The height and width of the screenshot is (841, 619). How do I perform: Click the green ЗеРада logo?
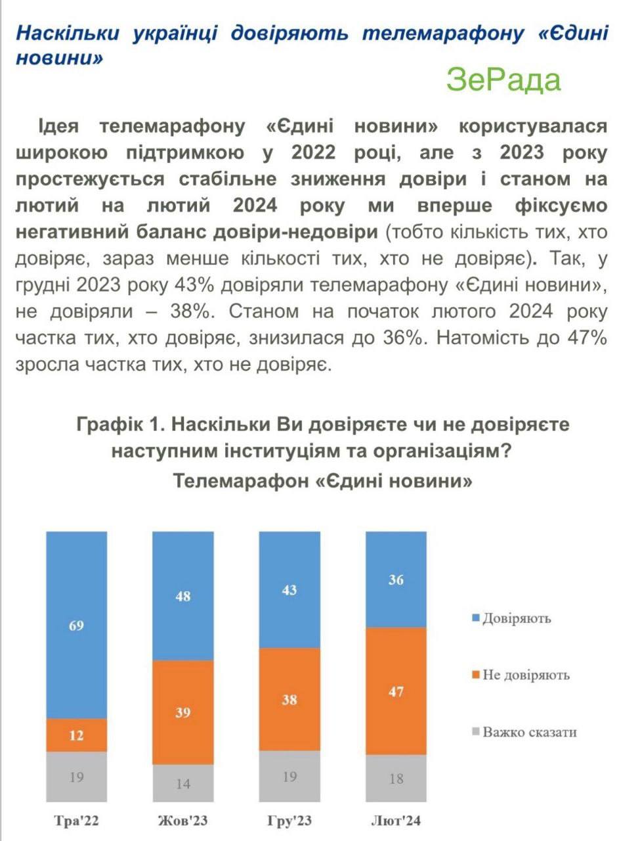(503, 80)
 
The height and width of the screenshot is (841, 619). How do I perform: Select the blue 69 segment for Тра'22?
(76, 625)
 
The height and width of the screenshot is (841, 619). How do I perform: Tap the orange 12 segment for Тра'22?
(76, 735)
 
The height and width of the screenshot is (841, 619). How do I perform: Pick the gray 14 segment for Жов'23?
(183, 783)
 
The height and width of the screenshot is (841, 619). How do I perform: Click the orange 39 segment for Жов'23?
(183, 712)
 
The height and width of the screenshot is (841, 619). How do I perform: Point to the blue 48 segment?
(183, 595)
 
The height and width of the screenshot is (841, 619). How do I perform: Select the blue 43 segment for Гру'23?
(289, 589)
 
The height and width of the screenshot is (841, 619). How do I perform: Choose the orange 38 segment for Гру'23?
(289, 700)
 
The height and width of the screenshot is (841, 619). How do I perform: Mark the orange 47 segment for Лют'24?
(396, 691)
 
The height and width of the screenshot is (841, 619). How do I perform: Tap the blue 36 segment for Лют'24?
(396, 580)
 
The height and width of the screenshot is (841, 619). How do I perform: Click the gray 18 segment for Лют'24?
(396, 779)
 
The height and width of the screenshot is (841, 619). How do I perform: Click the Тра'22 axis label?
(77, 821)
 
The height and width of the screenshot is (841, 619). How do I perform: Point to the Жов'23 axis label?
(183, 821)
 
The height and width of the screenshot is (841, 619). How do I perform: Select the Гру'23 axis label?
(289, 821)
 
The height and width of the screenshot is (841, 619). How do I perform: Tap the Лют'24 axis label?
(396, 821)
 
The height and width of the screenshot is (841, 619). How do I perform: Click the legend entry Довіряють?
(516, 618)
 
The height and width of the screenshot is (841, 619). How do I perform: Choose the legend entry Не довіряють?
(525, 675)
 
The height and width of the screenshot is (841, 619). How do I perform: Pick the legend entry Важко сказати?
(529, 731)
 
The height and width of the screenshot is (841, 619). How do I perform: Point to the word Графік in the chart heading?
(108, 424)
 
